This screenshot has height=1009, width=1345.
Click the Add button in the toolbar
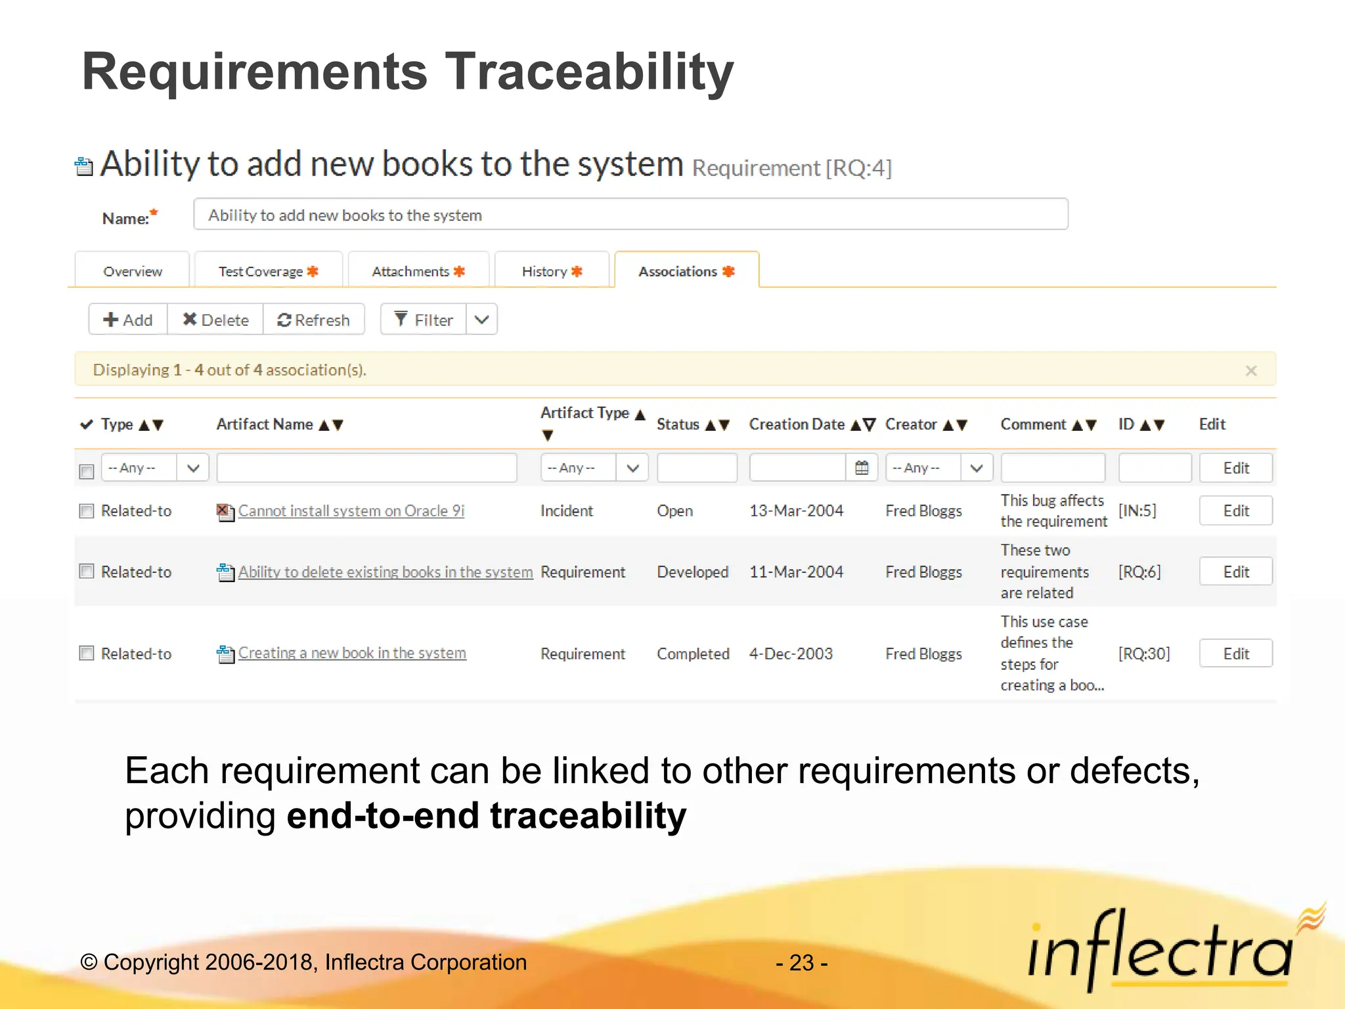128,320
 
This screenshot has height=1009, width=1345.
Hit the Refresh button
313,320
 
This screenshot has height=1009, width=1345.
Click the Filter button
424,320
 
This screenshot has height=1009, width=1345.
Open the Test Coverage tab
268,271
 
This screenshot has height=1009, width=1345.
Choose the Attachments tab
418,271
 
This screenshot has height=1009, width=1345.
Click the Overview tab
133,271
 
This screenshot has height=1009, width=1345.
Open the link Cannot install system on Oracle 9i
351,511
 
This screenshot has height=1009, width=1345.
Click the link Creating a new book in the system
352,653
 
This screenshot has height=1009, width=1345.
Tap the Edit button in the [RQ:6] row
1235,572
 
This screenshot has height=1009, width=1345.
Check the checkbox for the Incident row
87,511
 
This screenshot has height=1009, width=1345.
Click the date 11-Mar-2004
796,572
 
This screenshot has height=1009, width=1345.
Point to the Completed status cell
693,654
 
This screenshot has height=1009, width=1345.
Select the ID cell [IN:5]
1137,510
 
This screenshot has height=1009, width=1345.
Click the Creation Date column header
797,424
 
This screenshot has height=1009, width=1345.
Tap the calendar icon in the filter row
862,468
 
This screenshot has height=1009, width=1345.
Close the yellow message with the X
1251,370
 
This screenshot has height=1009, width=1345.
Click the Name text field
630,215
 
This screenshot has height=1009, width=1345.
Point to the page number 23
801,962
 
